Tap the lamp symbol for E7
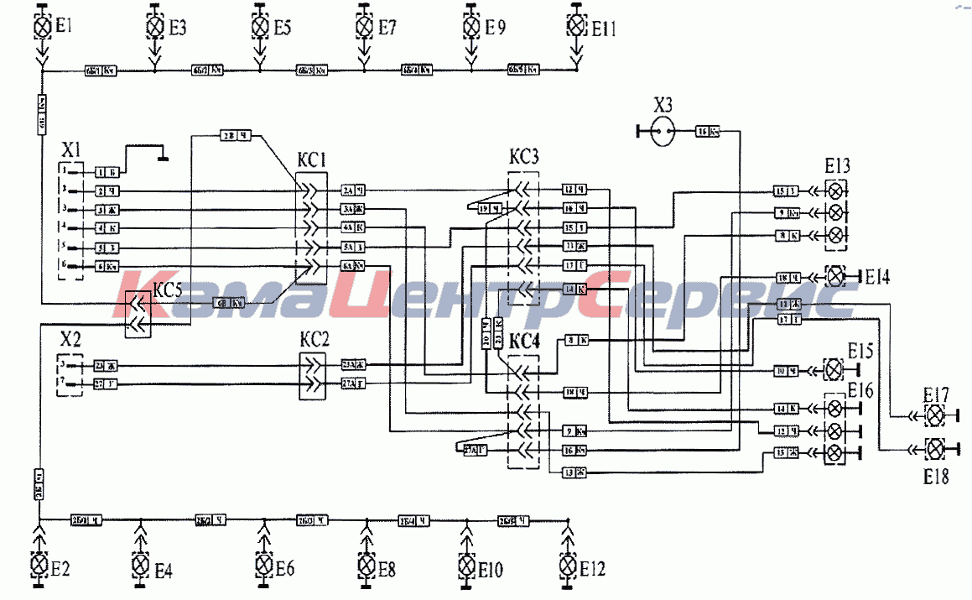pos(364,27)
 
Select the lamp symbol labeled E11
pos(576,26)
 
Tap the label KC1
pos(310,159)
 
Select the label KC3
pos(524,157)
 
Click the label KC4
pos(524,342)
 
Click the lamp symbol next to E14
pos(835,275)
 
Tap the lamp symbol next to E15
pos(834,369)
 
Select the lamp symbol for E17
pos(934,415)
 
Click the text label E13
pos(837,166)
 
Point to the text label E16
pos(860,389)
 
